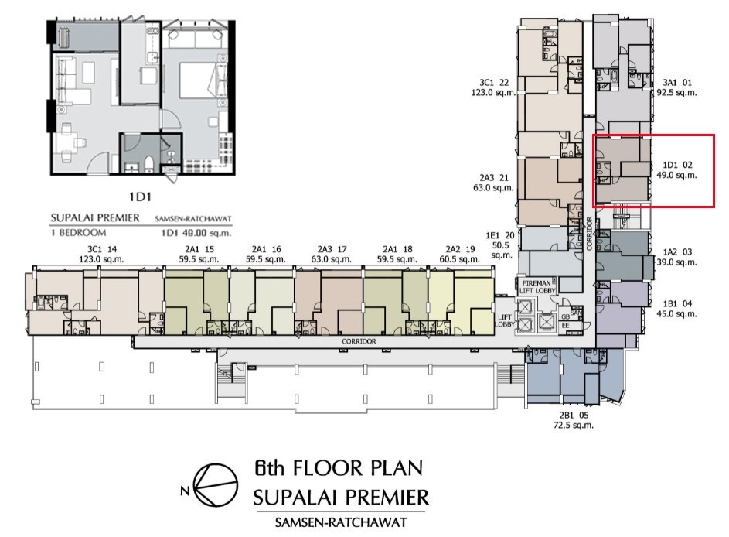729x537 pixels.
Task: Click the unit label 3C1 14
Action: tap(105, 249)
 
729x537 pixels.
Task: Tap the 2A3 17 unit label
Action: tap(332, 249)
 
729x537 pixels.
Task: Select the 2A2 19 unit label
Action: tap(460, 249)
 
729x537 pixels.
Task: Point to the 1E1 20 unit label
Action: tap(500, 236)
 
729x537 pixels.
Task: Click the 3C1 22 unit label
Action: tap(494, 83)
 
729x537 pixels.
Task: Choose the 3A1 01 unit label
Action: tap(677, 83)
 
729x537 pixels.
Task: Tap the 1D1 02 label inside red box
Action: tap(677, 165)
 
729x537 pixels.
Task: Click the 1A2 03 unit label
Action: tap(677, 252)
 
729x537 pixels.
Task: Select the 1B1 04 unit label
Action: tap(677, 304)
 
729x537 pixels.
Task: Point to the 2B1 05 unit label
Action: tap(574, 415)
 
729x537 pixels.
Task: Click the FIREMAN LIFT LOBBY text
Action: tap(537, 286)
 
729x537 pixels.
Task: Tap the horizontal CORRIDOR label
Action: tap(359, 341)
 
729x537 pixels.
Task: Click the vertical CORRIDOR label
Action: tap(589, 234)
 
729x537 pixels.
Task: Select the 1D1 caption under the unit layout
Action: tap(141, 197)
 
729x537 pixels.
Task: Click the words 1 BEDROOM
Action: tap(78, 233)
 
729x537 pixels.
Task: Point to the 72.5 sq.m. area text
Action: tap(574, 426)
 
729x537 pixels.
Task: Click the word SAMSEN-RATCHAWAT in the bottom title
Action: tap(341, 522)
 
